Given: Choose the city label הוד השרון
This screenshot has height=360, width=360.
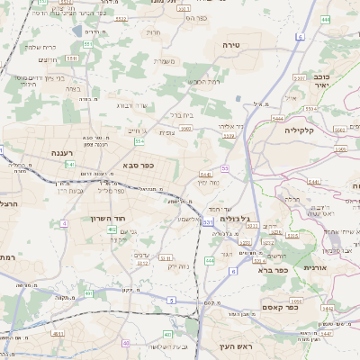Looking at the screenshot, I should click(x=106, y=218).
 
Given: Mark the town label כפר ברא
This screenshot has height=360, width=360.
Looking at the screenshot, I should click(x=272, y=269).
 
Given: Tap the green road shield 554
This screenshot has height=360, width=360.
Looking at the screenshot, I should click(x=139, y=142).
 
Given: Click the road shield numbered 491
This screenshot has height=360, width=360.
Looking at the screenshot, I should click(x=88, y=293).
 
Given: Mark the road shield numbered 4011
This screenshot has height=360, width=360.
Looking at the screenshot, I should click(x=58, y=335).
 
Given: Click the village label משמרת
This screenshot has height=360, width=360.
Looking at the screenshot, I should click(x=165, y=61).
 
